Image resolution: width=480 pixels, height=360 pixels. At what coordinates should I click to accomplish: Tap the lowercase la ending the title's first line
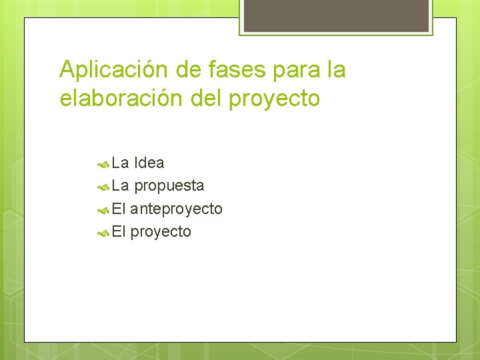pyautogui.click(x=336, y=69)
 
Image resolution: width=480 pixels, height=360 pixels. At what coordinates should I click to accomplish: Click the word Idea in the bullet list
pyautogui.click(x=149, y=163)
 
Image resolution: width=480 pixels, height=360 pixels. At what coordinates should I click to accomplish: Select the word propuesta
pyautogui.click(x=169, y=186)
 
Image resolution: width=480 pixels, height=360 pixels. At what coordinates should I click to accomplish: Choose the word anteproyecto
pyautogui.click(x=177, y=209)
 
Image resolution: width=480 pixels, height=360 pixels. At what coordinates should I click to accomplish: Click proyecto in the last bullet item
pyautogui.click(x=161, y=233)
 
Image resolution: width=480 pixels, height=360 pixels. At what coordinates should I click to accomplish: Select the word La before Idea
pyautogui.click(x=121, y=163)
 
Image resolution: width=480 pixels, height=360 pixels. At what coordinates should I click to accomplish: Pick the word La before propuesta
pyautogui.click(x=121, y=185)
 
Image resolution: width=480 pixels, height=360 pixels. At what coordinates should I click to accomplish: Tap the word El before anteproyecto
pyautogui.click(x=119, y=209)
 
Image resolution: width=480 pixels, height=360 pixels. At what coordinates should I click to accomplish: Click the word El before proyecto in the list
pyautogui.click(x=119, y=231)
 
